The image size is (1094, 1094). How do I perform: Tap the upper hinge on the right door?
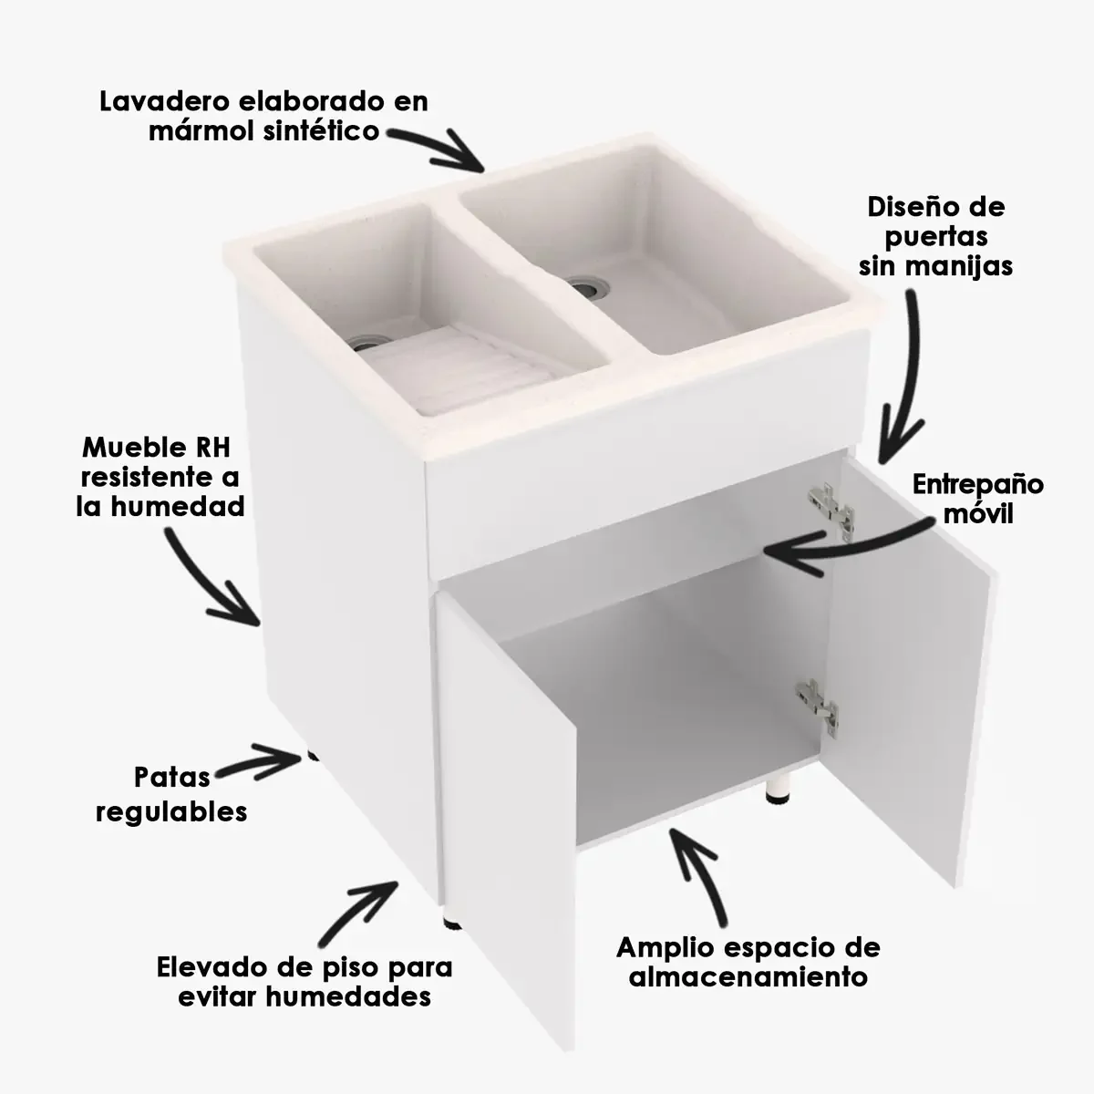831,508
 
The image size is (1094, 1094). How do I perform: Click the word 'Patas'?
171,778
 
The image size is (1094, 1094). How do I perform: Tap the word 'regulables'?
171,810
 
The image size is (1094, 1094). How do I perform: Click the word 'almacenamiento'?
748,977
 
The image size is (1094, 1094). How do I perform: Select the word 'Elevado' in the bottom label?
212,965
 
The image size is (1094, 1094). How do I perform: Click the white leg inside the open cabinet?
779,786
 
